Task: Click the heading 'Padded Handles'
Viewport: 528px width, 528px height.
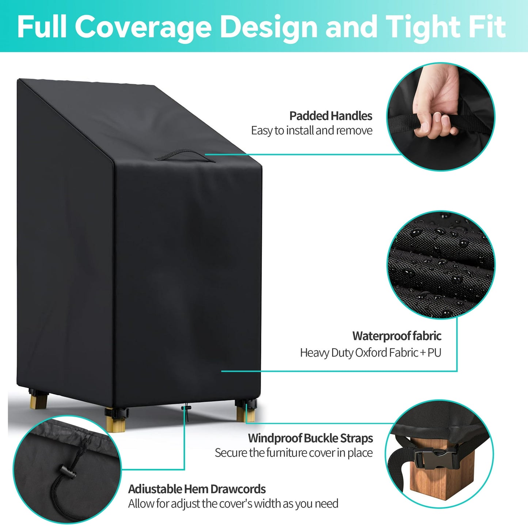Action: [x=331, y=116]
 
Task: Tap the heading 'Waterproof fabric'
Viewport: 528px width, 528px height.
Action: [x=397, y=336]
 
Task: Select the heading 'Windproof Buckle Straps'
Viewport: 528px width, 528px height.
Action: [x=311, y=438]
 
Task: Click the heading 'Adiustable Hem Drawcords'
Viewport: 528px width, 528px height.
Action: [x=197, y=489]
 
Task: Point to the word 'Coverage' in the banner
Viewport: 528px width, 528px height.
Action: [x=143, y=27]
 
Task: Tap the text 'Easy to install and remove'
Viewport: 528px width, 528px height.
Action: [x=312, y=131]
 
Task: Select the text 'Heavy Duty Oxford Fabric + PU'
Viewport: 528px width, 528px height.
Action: [x=371, y=353]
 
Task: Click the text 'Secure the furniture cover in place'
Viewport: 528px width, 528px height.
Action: [x=294, y=453]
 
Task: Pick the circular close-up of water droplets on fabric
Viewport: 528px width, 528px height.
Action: [x=441, y=265]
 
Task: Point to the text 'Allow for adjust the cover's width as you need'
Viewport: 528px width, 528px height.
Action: [x=233, y=504]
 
